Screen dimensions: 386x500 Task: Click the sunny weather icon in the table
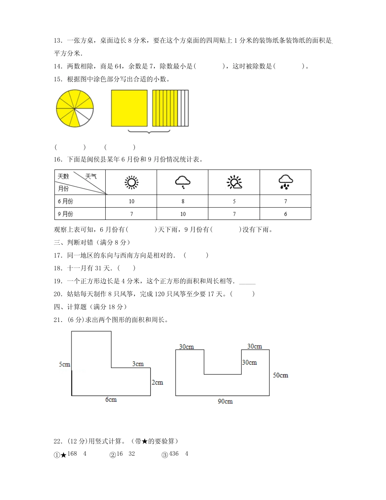click(x=131, y=183)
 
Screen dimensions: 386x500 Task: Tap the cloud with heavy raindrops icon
click(x=286, y=182)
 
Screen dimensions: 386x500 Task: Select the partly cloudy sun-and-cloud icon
click(x=234, y=183)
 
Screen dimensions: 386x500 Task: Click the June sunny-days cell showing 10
click(x=131, y=201)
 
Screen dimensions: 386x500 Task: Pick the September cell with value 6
click(x=286, y=214)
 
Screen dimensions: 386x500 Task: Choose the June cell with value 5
click(x=234, y=201)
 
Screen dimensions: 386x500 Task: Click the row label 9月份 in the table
click(x=65, y=214)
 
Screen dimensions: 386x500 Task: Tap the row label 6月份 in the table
click(x=65, y=201)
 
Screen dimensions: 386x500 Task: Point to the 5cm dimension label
click(x=65, y=364)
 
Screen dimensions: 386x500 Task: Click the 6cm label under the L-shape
click(x=111, y=400)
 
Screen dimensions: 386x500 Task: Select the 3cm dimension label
click(x=138, y=364)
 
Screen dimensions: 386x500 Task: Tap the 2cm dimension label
click(x=157, y=382)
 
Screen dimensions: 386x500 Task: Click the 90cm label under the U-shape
click(x=225, y=401)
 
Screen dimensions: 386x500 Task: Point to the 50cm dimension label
click(x=280, y=375)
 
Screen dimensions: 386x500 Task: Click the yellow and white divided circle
click(x=75, y=108)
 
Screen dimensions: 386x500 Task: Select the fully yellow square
click(x=129, y=108)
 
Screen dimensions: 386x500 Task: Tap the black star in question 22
click(x=63, y=455)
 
